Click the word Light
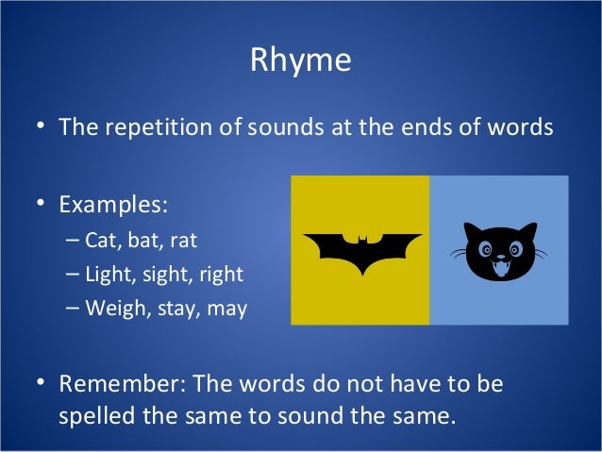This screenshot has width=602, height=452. [x=109, y=275]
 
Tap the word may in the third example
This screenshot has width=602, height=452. [x=226, y=309]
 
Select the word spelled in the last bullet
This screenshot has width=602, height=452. [x=97, y=415]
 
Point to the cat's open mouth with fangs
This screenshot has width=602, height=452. [x=499, y=270]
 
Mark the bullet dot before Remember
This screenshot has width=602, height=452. [x=42, y=385]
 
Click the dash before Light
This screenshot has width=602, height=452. [x=74, y=275]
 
